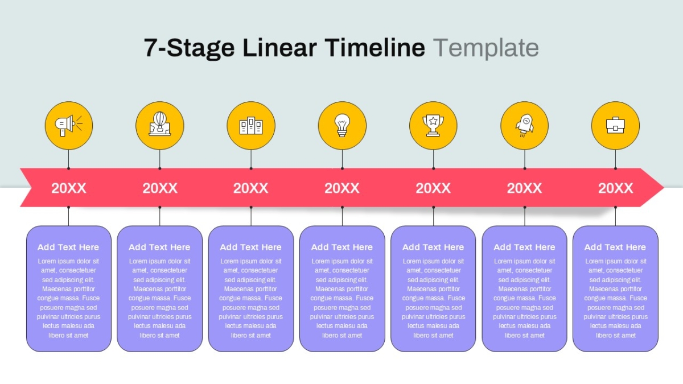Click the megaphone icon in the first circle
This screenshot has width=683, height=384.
point(69,125)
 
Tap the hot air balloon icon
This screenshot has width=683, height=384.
point(160,124)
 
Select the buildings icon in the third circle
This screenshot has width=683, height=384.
point(251,126)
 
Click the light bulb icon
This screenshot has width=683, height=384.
point(342,125)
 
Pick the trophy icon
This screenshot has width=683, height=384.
point(433,125)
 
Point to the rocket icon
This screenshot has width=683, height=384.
point(524,126)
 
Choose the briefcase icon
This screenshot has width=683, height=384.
point(615,125)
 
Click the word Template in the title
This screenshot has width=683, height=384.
point(486,48)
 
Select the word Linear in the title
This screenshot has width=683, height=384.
point(279,48)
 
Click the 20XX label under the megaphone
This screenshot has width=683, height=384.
point(69,188)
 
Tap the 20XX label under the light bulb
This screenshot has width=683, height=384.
point(342,188)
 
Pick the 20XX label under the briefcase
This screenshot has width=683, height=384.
point(615,188)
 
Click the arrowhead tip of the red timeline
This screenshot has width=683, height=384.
point(664,187)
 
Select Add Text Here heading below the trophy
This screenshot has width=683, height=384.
point(433,247)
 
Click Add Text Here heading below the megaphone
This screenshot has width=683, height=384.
point(69,247)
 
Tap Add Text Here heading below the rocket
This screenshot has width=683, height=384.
point(524,247)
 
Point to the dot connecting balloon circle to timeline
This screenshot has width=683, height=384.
point(160,168)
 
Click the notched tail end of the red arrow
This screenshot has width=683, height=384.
point(32,187)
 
